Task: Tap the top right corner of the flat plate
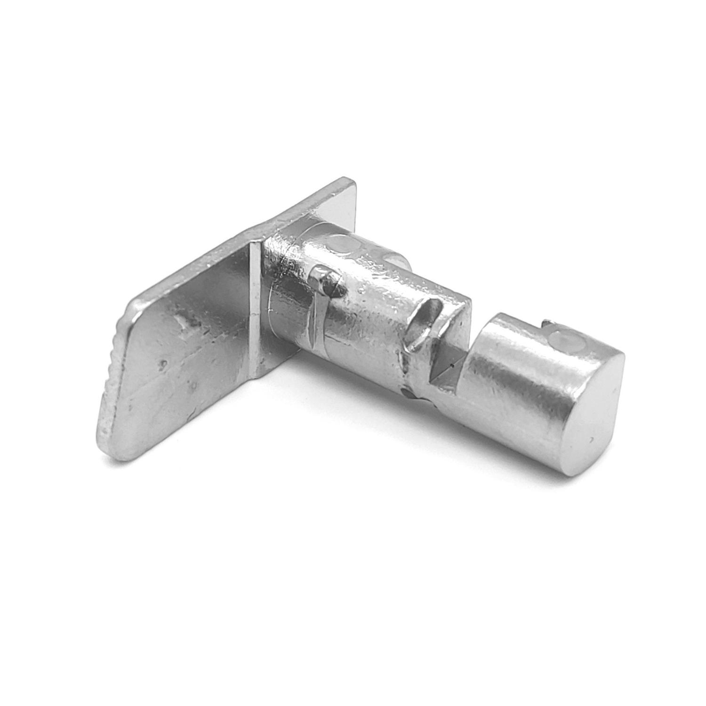[351, 181]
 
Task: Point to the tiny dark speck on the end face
[590, 440]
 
